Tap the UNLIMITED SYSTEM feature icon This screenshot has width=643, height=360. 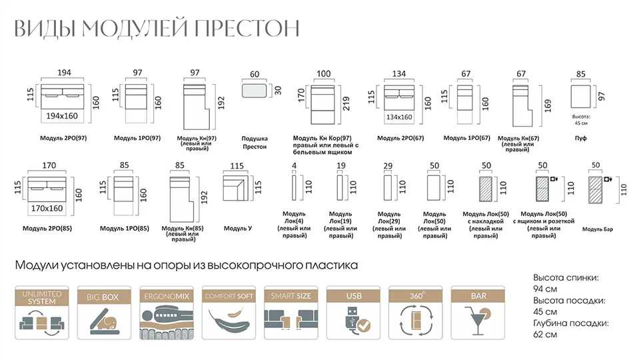[41, 313]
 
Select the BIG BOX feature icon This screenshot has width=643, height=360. [103, 313]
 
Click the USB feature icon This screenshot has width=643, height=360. [353, 313]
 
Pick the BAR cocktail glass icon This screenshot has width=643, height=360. [478, 313]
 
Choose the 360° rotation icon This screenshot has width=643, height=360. [415, 313]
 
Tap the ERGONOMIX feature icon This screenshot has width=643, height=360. [166, 313]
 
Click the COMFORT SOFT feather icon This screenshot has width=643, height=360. [229, 313]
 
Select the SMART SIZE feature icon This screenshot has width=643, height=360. [291, 313]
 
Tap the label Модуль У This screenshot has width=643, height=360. [237, 229]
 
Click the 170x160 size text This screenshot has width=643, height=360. [47, 208]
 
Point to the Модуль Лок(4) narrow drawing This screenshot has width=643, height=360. [293, 186]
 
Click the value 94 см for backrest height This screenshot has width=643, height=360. [545, 289]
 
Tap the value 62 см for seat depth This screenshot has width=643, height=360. [545, 335]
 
